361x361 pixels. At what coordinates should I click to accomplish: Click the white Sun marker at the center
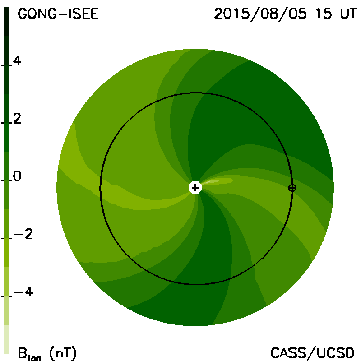[195, 188]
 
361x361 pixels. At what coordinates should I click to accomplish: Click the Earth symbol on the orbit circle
[292, 188]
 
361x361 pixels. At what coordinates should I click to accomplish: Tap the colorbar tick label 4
[17, 61]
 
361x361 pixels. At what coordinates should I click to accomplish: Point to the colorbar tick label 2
[17, 119]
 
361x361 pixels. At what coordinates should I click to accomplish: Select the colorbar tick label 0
[17, 176]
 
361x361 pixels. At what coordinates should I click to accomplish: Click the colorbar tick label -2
[23, 234]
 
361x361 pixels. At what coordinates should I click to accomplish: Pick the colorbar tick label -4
[23, 292]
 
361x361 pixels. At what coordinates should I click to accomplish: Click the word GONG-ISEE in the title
[58, 14]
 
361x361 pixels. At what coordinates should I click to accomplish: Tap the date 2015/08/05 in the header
[260, 14]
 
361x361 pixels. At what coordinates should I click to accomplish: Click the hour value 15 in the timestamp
[324, 14]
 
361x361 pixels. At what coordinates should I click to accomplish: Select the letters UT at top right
[348, 14]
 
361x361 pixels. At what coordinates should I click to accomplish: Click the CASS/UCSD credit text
[312, 353]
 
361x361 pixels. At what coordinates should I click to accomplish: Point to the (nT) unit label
[63, 353]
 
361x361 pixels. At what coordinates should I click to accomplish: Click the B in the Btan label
[22, 353]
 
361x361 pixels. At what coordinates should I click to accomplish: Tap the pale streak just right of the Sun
[217, 181]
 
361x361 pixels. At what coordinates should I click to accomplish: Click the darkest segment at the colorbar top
[6, 22]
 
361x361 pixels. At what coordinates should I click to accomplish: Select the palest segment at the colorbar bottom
[6, 339]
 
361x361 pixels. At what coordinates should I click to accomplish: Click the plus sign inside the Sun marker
[195, 188]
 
